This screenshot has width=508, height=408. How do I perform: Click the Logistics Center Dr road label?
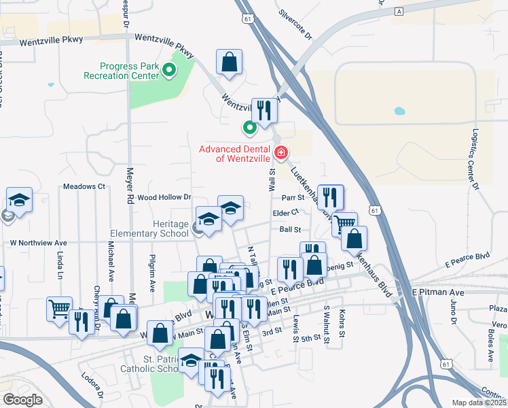(x=475, y=167)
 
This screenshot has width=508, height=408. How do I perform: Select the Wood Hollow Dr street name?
(x=165, y=197)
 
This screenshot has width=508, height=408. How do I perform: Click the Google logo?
(x=22, y=400)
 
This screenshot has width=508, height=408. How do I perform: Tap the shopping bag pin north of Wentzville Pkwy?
(x=230, y=63)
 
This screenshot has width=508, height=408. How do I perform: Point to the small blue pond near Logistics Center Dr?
(x=399, y=110)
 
